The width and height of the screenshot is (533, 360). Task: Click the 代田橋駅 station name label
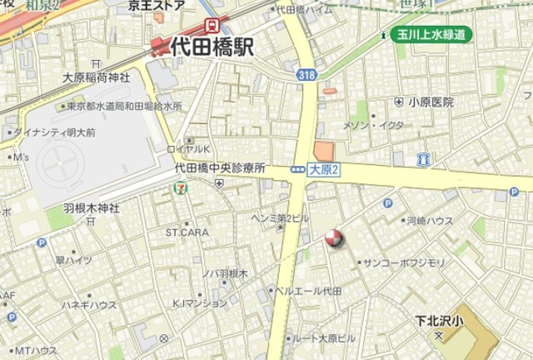tap(212, 47)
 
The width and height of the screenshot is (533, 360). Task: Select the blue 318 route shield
tap(306, 75)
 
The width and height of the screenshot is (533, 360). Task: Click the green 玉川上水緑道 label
tap(431, 34)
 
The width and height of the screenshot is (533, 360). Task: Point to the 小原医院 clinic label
tap(431, 102)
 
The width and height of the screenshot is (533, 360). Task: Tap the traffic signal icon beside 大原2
tap(297, 169)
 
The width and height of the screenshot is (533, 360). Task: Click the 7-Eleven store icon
tap(179, 188)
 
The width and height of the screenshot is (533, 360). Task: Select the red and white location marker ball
tap(333, 239)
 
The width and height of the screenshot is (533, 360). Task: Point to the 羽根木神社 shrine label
tap(92, 207)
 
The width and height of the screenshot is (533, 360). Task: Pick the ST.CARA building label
tap(187, 232)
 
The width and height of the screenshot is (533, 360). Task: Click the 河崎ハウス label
tap(430, 221)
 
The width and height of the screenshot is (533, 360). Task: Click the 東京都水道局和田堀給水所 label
tap(125, 107)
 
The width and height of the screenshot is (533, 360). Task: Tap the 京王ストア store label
tap(157, 5)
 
